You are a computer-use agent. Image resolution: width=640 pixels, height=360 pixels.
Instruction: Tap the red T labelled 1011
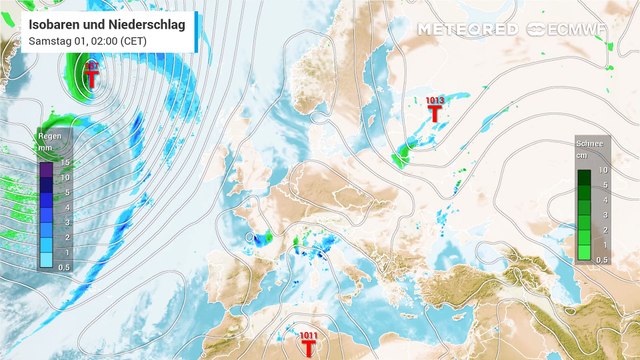click(310, 347)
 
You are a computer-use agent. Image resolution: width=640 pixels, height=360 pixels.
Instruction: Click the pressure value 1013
click(435, 100)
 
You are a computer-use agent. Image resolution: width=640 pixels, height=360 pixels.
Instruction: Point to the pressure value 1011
click(309, 335)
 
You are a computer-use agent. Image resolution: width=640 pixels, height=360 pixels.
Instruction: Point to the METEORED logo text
click(467, 29)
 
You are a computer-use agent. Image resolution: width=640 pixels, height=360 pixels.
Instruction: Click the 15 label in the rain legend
click(64, 162)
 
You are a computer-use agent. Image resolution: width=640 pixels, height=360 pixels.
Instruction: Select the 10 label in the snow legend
click(603, 172)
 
